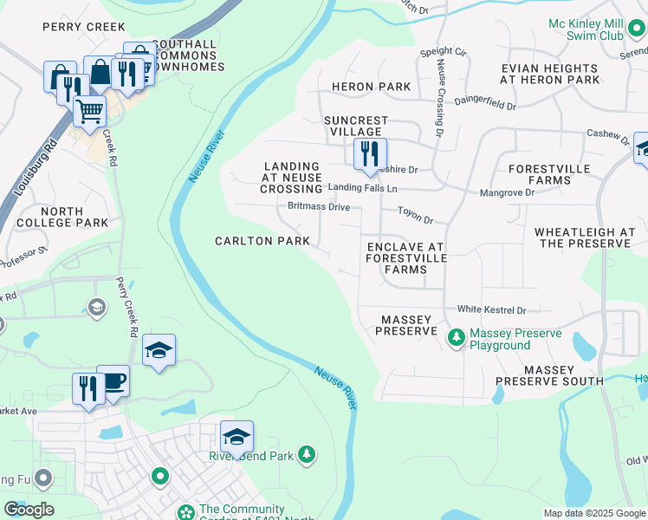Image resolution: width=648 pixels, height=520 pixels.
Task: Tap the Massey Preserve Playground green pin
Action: tap(454, 337)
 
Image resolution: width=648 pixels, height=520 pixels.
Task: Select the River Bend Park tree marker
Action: tap(305, 454)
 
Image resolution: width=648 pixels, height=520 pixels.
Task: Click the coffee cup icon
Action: tap(113, 380)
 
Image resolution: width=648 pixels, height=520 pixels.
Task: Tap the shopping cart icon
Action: tap(89, 111)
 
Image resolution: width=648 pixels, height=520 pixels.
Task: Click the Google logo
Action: tap(29, 510)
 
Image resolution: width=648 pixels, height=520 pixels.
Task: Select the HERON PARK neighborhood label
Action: tap(371, 87)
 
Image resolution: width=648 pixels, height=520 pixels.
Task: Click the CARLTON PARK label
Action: tap(258, 240)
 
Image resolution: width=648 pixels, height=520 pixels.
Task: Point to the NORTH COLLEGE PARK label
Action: tap(62, 217)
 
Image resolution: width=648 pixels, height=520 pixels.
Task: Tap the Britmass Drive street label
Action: tap(319, 207)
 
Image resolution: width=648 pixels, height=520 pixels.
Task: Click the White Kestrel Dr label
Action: tap(491, 309)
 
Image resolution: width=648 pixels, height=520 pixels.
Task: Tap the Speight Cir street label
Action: tap(443, 53)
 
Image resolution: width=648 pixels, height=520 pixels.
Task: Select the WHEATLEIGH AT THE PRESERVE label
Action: tap(585, 237)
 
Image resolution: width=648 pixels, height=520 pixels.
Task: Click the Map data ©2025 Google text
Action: tap(594, 513)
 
